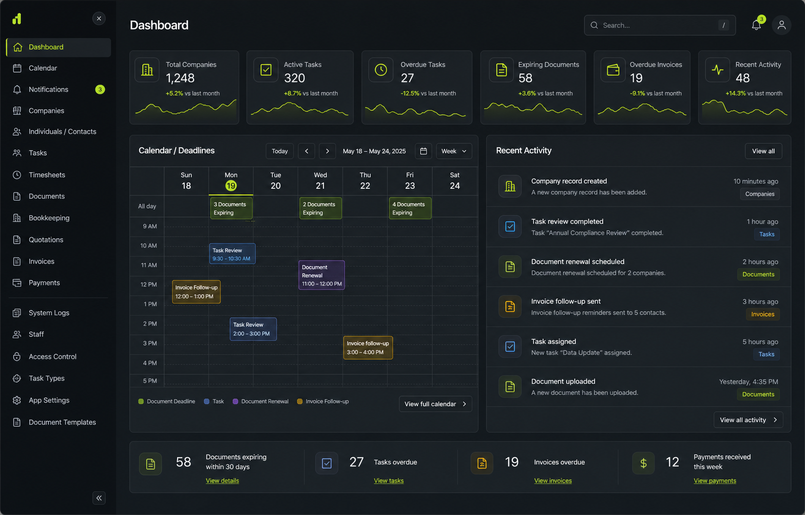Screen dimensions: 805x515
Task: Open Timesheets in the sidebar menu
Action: pos(47,175)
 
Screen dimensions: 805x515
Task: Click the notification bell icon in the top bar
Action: pos(756,25)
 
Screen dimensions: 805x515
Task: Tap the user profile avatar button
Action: pos(781,25)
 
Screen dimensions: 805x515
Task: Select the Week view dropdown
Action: pos(454,151)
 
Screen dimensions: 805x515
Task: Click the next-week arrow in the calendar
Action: pos(327,151)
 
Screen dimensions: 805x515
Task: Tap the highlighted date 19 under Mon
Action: pos(231,186)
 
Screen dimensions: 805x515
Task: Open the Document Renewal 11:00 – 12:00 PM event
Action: pos(321,275)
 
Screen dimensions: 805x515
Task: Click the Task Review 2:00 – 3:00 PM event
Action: pos(254,329)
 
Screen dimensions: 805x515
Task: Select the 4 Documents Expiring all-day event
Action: pos(410,208)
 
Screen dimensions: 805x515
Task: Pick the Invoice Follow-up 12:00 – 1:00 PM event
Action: pos(196,292)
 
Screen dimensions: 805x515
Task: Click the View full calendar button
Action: pos(435,404)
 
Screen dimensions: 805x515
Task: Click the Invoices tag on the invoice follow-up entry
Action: pos(762,314)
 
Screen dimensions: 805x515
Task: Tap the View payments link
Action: pos(715,481)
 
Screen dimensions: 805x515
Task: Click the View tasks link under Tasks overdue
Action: pos(389,481)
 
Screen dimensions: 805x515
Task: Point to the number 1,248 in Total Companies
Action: pos(180,78)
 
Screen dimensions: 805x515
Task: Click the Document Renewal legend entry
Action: pos(261,402)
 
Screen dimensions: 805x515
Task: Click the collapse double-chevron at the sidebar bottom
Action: pos(99,498)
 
